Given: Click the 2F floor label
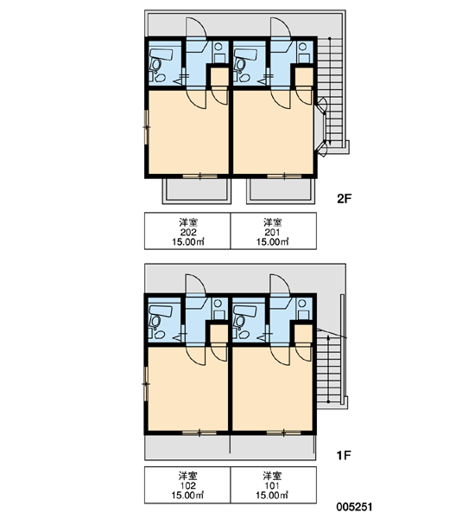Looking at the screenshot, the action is [344, 199].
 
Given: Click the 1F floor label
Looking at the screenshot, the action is [343, 456].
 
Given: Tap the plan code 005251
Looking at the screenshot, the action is [354, 507].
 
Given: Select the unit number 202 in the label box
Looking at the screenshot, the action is [188, 232].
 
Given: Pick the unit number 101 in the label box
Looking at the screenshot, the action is [272, 486].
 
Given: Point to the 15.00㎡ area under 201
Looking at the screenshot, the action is [273, 242].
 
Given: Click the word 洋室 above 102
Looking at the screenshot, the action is [187, 477].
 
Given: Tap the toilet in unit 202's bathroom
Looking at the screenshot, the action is [155, 63].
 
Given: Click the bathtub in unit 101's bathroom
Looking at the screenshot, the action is [245, 311].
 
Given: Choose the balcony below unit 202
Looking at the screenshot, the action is [196, 191].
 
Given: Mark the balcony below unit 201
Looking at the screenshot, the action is [281, 191].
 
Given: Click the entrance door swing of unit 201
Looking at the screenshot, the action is [281, 28].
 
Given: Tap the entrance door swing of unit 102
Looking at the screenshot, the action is [196, 285].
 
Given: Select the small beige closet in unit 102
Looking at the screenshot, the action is [218, 335].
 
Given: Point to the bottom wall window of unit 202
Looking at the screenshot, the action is [200, 176].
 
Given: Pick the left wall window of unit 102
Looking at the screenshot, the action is [146, 383].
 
